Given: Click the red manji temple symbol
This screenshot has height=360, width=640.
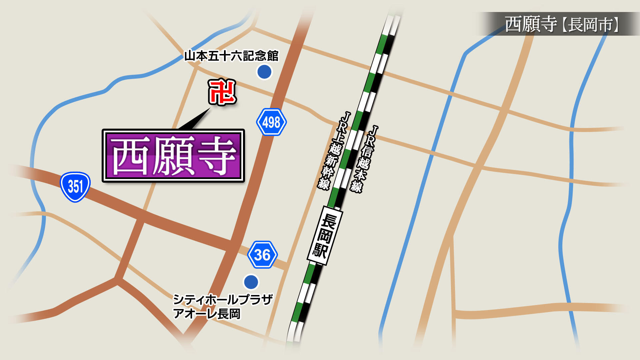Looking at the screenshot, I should tap(222, 92).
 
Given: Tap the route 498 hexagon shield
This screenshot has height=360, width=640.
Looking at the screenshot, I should tap(271, 122).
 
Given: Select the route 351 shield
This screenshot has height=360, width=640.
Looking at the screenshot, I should tap(75, 187).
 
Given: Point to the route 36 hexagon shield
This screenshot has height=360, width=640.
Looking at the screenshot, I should tap(262, 255).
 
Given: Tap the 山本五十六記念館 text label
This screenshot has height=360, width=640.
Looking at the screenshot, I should tap(231, 56).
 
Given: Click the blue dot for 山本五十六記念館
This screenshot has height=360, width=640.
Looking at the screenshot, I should tap(264, 72).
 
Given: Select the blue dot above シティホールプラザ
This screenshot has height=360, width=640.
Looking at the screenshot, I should tap(251, 282).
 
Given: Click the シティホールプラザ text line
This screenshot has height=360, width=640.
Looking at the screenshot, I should tap(223, 300).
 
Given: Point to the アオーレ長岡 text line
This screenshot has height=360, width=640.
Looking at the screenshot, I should tap(207, 314).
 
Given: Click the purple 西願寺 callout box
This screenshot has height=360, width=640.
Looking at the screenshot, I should tap(173, 156).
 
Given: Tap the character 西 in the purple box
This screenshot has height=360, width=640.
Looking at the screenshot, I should tap(131, 156).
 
